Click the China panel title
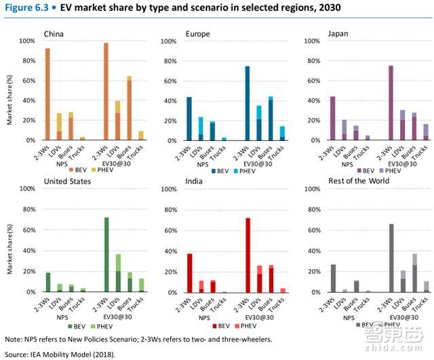(x=54, y=33)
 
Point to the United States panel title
(x=68, y=182)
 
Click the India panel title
(x=195, y=182)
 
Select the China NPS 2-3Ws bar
(x=47, y=94)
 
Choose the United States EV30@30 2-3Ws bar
(x=106, y=255)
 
